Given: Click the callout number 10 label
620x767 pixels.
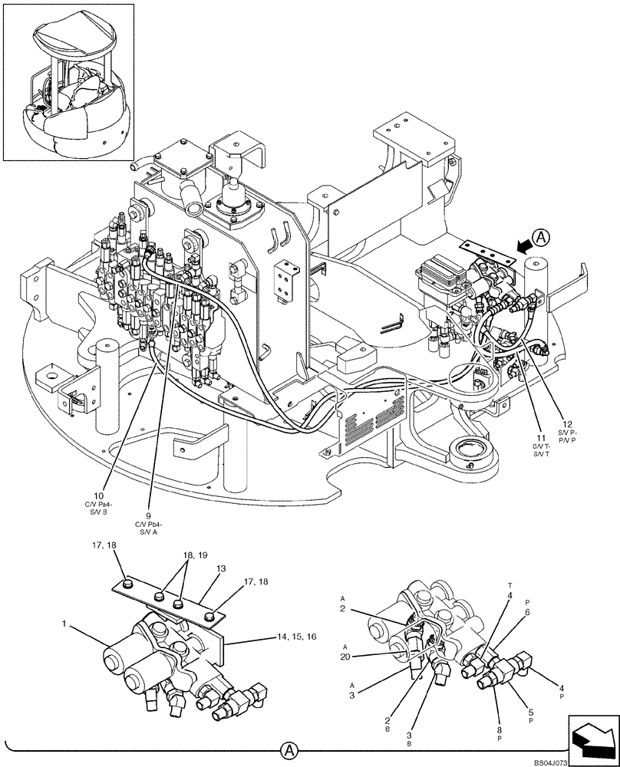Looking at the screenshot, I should coord(98,495).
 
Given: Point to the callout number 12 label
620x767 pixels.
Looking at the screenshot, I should coord(567,425).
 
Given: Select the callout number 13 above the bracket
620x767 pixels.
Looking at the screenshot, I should coord(221,570).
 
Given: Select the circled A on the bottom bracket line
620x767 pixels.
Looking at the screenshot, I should coord(289,749).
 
